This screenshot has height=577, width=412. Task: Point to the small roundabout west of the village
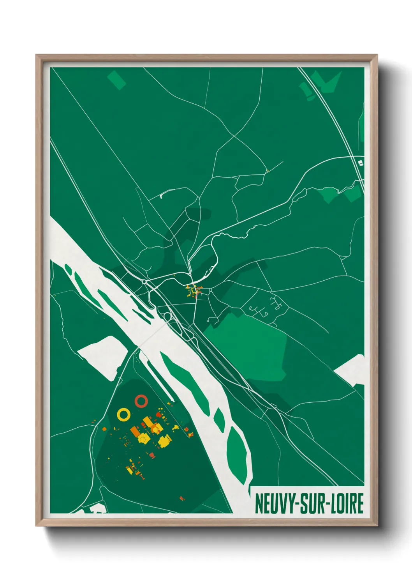click(144, 281)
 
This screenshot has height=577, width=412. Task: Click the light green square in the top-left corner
click(116, 80)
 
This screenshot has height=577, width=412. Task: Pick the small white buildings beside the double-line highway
click(361, 161)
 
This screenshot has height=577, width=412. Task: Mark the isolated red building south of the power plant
click(182, 498)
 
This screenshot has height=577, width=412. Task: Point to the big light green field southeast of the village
click(249, 343)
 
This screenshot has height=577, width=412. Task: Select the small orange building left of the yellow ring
click(104, 429)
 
